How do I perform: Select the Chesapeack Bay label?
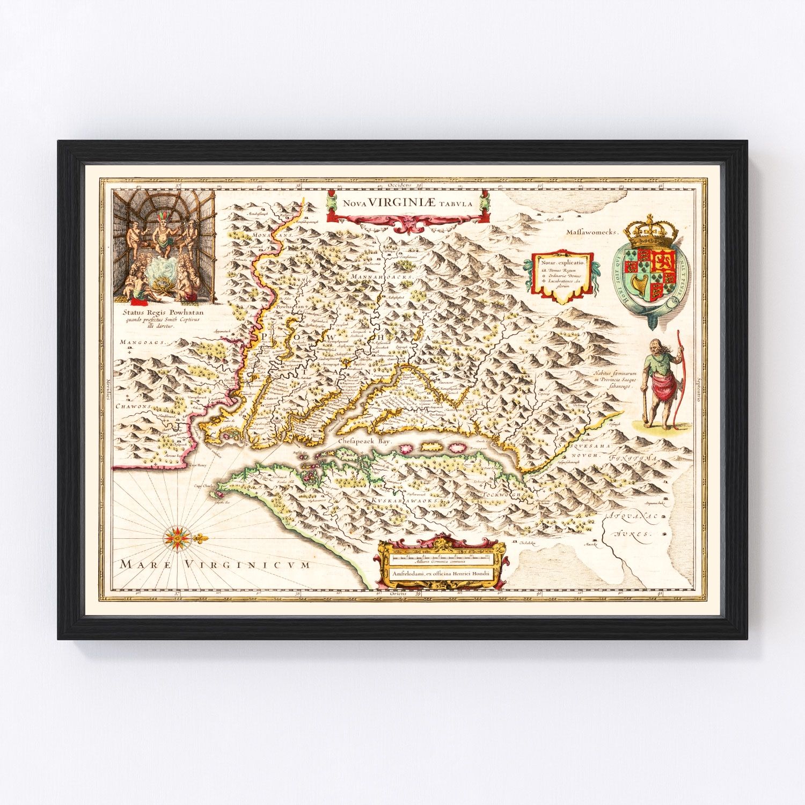click(x=365, y=441)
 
